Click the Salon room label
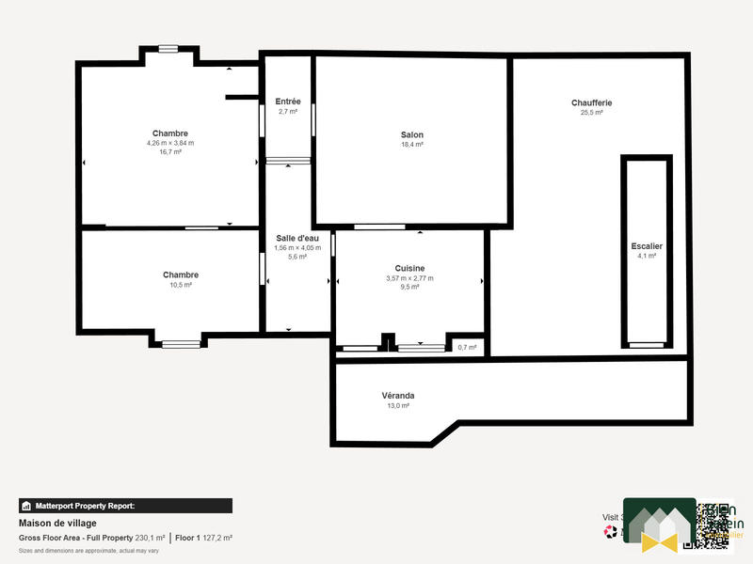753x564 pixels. tap(412, 134)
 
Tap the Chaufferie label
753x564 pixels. tap(591, 102)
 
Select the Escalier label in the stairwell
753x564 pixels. tap(647, 246)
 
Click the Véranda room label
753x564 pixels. tap(397, 396)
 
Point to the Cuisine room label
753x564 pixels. tap(409, 268)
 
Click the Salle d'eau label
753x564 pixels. tap(297, 238)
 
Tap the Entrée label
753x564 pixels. tap(288, 102)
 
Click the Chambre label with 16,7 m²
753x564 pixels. tap(170, 133)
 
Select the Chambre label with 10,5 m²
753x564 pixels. tap(181, 274)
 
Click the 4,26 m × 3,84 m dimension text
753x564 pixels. tap(170, 143)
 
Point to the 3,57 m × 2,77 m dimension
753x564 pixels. tap(409, 278)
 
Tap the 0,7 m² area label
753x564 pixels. tap(467, 348)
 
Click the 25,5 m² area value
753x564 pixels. tap(591, 112)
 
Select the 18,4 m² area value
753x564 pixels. tap(412, 145)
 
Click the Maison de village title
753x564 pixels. tap(57, 523)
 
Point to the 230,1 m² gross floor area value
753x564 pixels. tap(151, 538)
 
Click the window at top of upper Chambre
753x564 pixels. tap(168, 49)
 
